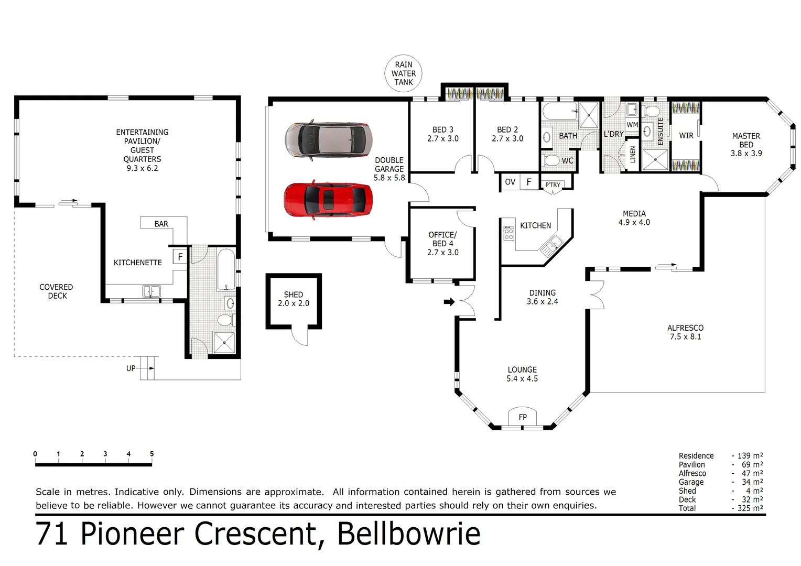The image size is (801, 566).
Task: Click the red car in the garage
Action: pos(328,200)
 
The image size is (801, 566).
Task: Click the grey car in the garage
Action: pos(328,139)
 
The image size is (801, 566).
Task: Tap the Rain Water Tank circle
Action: pos(403,73)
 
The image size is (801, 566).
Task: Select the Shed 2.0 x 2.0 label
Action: pos(294,299)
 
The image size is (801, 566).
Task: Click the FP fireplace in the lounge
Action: pos(522,417)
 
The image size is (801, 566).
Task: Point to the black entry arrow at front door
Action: pos(449,301)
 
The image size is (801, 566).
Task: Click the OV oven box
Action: pos(510,182)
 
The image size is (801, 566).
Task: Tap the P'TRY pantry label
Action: pos(553,185)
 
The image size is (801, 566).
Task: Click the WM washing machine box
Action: pos(632,125)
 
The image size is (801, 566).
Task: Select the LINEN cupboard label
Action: pos(633,155)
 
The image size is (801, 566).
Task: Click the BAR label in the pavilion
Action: pos(161,224)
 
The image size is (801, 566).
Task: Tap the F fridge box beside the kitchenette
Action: pos(180,257)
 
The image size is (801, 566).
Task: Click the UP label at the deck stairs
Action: pos(131,368)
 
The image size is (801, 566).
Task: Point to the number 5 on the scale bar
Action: pos(151,454)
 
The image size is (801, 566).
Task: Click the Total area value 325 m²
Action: pos(750,508)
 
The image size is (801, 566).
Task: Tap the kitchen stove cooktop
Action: pos(508,233)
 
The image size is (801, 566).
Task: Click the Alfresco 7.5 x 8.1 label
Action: pos(685,332)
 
